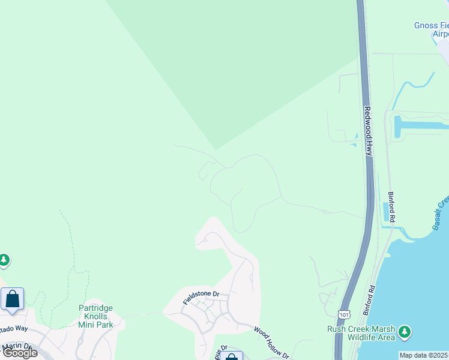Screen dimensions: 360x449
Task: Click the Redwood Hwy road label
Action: point(368,131)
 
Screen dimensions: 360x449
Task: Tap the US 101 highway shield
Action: point(343,314)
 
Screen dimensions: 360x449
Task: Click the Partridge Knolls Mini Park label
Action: point(95,316)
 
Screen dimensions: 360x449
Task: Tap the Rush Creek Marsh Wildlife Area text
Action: point(361,333)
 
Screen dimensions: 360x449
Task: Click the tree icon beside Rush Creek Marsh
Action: point(405,332)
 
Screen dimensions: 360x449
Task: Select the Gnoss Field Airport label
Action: point(432,29)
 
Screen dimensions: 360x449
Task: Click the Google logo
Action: point(20,352)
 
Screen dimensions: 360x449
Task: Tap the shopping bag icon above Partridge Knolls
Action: point(12,299)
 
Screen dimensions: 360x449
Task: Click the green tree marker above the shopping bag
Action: point(4,260)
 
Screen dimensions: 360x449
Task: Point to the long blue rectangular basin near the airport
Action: point(420,125)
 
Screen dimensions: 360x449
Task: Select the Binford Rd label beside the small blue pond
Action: point(391,208)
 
